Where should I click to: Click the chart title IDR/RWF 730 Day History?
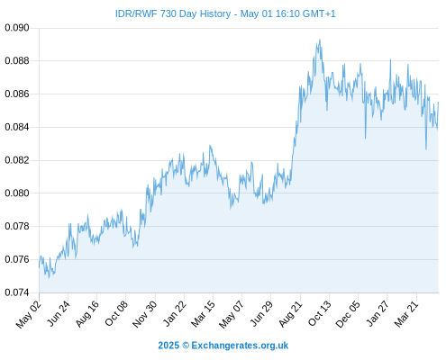pyautogui.click(x=173, y=13)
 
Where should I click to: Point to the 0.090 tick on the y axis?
pyautogui.click(x=17, y=28)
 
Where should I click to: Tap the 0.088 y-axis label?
pyautogui.click(x=17, y=61)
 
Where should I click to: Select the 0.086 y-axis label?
pyautogui.click(x=17, y=94)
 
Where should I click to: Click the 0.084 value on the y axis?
pyautogui.click(x=17, y=127)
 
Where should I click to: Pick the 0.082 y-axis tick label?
pyautogui.click(x=17, y=160)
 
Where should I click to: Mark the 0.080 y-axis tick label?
pyautogui.click(x=17, y=193)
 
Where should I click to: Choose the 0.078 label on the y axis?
pyautogui.click(x=17, y=226)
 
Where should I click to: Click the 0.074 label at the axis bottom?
pyautogui.click(x=17, y=292)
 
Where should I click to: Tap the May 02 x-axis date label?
pyautogui.click(x=28, y=314)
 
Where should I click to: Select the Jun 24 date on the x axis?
pyautogui.click(x=59, y=313)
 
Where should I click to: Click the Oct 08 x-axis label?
pyautogui.click(x=116, y=313)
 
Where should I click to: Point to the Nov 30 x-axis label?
pyautogui.click(x=145, y=314)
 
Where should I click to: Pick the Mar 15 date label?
pyautogui.click(x=203, y=314)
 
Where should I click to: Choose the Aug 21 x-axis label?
pyautogui.click(x=290, y=314)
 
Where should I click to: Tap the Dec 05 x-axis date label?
pyautogui.click(x=348, y=314)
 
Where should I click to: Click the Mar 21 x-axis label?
pyautogui.click(x=406, y=314)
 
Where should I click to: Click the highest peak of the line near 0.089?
pyautogui.click(x=320, y=40)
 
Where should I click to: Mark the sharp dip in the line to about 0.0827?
pyautogui.click(x=426, y=148)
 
